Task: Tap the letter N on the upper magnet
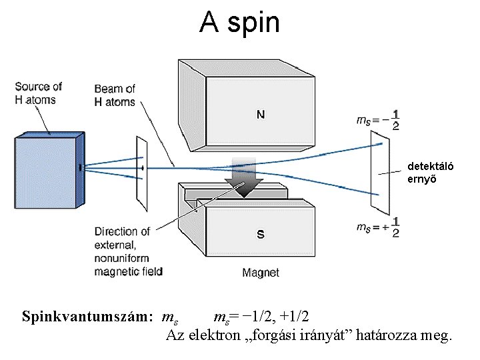[261, 114]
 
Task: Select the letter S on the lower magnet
[261, 234]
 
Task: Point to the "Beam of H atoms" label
[114, 95]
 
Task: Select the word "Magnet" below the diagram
[261, 273]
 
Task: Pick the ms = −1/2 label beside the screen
[378, 119]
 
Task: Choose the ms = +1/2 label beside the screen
[378, 227]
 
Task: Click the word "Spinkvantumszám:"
[87, 315]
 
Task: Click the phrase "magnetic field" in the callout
[129, 271]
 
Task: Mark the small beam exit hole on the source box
[80, 168]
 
